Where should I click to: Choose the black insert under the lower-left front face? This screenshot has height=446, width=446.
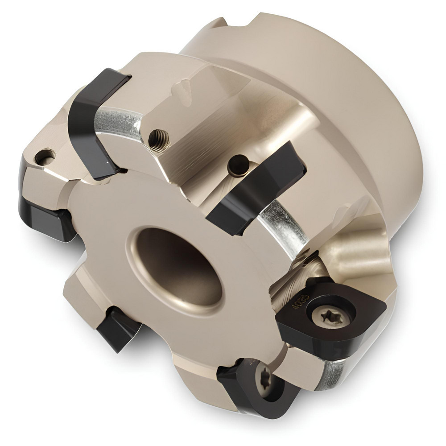(x=117, y=332)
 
